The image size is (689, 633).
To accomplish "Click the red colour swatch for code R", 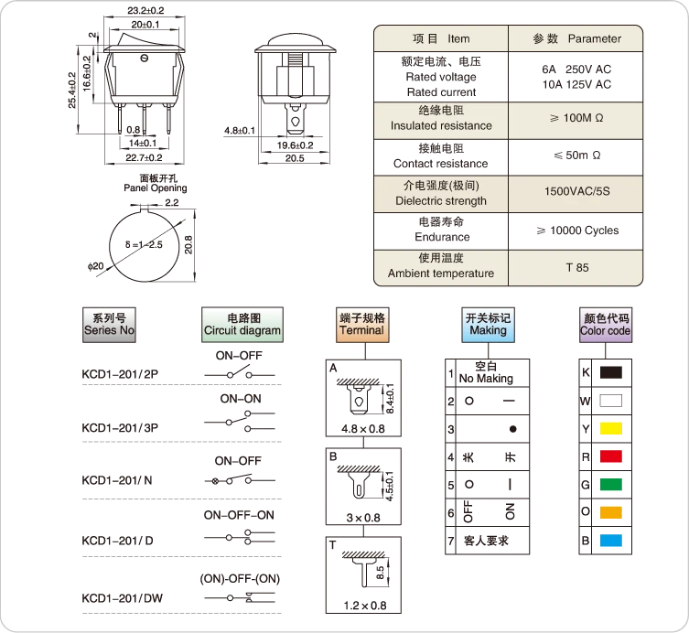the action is point(611,456).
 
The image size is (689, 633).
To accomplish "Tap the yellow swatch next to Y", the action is point(611,428).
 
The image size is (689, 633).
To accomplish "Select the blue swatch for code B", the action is point(611,541).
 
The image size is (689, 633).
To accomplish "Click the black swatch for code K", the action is point(611,372).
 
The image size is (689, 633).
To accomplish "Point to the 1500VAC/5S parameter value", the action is point(577,191).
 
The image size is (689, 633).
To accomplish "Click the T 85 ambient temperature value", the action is point(577,267).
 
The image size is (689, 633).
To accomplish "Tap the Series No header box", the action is point(109,325).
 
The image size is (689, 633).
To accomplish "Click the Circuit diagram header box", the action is point(242,325).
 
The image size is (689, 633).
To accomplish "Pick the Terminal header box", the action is point(362,325).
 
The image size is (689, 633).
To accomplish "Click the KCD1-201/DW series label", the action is point(123,598).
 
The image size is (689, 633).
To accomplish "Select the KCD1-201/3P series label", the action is point(120,428).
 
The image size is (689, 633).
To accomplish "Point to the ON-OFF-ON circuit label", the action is point(239,515).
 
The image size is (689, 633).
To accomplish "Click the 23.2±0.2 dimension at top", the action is point(145,11).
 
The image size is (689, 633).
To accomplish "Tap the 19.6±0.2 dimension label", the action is point(295,145).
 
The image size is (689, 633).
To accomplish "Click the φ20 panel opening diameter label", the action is point(95,266).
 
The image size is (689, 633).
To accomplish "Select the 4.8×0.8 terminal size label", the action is point(363,429).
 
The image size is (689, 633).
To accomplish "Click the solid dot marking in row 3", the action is point(512,429).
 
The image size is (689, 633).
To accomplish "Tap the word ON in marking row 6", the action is point(510,511).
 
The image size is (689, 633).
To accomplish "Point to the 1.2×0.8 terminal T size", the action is point(365,606).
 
